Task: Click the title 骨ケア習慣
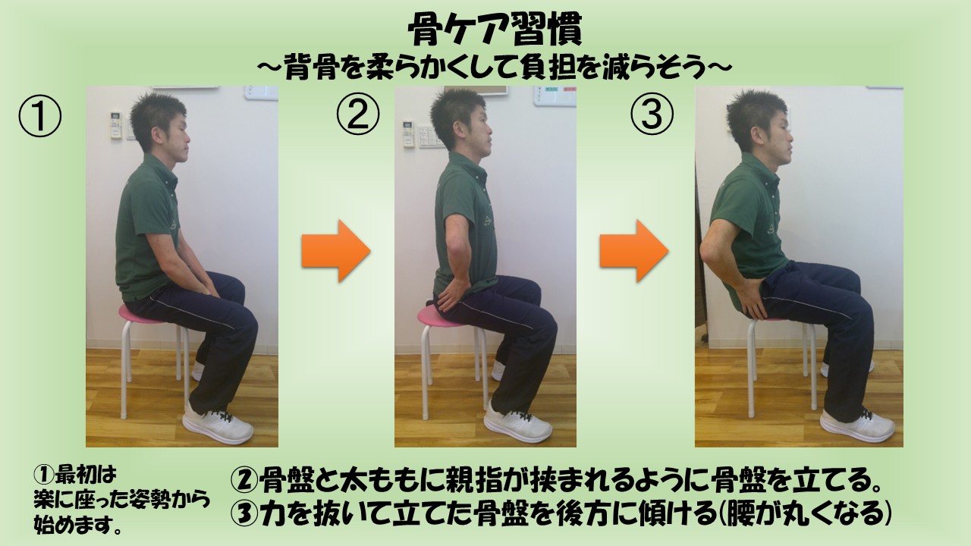(495, 29)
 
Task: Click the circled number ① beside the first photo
(40, 116)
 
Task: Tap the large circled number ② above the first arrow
(358, 114)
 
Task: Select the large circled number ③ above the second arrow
(652, 114)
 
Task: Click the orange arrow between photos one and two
(336, 251)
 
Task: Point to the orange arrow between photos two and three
(634, 251)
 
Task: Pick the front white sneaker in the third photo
(857, 425)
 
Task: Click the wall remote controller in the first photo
(116, 125)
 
